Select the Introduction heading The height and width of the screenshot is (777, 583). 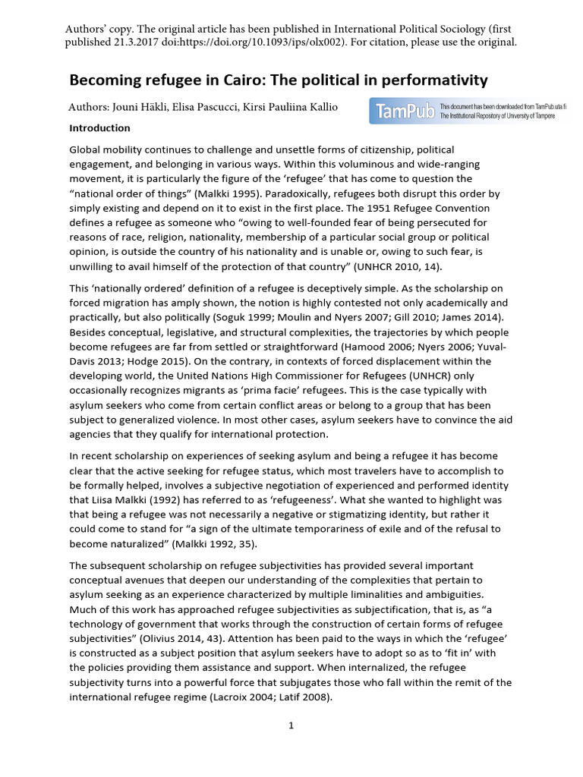click(99, 128)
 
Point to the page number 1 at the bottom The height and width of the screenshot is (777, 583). click(291, 725)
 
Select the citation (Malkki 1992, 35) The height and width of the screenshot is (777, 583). click(206, 545)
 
